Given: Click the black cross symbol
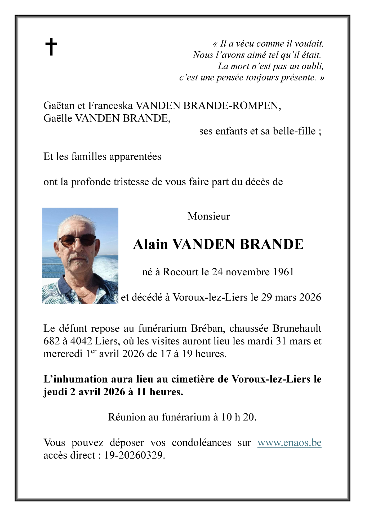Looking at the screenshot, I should pyautogui.click(x=51, y=47).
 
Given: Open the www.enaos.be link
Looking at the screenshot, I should pyautogui.click(x=289, y=442).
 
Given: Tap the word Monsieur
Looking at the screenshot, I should pyautogui.click(x=209, y=216).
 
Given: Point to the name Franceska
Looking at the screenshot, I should pyautogui.click(x=110, y=106).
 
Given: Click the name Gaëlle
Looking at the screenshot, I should pyautogui.click(x=58, y=118).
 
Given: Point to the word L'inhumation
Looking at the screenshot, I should pyautogui.click(x=75, y=379).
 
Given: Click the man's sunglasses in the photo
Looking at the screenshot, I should pyautogui.click(x=77, y=240).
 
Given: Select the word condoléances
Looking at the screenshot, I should pyautogui.click(x=201, y=442).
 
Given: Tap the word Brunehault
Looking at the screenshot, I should pyautogui.click(x=297, y=328).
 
